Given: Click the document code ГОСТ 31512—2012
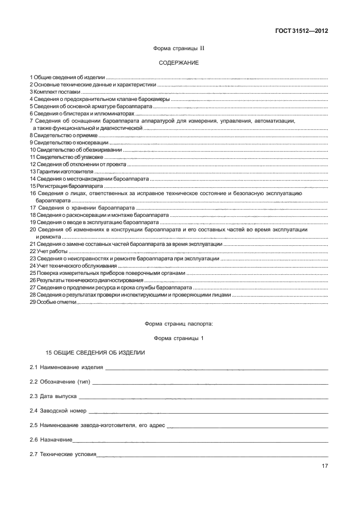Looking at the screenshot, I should coord(300,31).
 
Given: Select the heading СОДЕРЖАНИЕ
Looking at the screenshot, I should coord(178,63).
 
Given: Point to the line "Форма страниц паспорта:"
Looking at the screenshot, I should coord(178,323).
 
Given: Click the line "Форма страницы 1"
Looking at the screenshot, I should coord(178,338).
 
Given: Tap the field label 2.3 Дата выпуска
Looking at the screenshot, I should coord(53,396).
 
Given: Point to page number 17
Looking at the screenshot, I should coord(324,467).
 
